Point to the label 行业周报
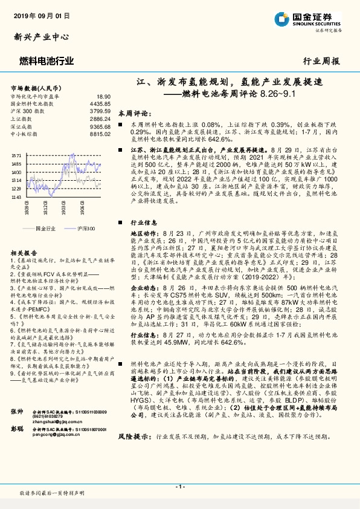click(x=321, y=61)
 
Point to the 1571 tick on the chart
click(x=16, y=155)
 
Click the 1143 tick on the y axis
click(x=16, y=196)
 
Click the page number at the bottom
click(x=179, y=486)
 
